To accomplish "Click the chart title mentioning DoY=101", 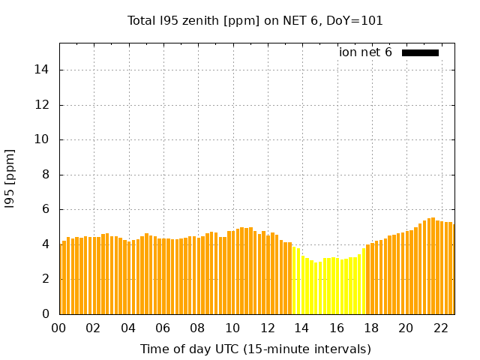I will point(255,21).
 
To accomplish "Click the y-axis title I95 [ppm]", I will point(10,178).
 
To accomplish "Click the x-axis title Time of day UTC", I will point(255,349).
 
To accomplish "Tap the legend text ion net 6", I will point(365,52).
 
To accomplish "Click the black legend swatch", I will point(420,52).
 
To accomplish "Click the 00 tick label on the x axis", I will point(59,328).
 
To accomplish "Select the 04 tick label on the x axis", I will point(128,328).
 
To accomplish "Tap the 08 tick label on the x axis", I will point(198,328).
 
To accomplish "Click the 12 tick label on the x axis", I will point(268,328).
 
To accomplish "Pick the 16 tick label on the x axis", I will point(337,328).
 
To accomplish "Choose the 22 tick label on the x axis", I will point(441,328).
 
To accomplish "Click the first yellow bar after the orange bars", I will point(294,281).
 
